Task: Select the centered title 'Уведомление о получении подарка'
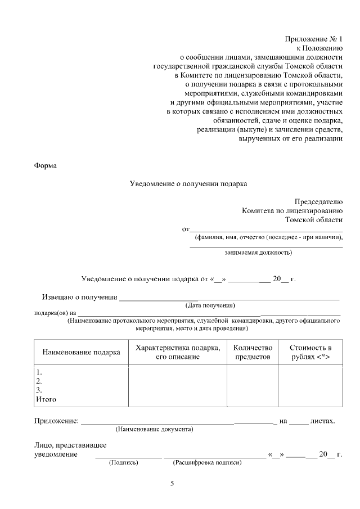(188, 183)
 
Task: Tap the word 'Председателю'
(318, 202)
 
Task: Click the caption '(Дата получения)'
(210, 305)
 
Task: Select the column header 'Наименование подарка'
(81, 352)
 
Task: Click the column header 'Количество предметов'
(253, 352)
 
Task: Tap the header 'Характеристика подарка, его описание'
(178, 352)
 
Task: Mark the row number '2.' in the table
(39, 381)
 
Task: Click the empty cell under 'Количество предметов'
(253, 385)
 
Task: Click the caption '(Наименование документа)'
(154, 429)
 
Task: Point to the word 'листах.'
(322, 421)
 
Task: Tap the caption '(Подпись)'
(123, 463)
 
